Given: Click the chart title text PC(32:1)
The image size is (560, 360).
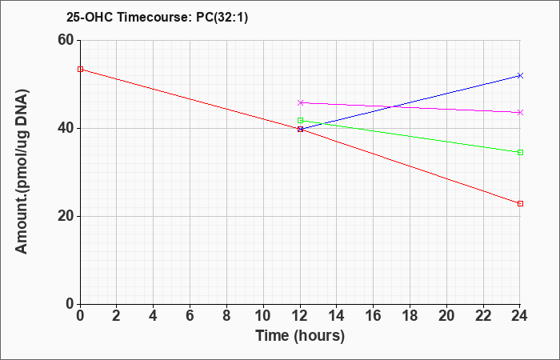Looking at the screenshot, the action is point(222,18).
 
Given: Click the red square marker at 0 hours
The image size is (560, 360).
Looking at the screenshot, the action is point(80,69).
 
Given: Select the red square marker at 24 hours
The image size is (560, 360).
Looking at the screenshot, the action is point(520,203).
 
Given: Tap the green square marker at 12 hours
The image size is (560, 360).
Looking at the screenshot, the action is point(300,120).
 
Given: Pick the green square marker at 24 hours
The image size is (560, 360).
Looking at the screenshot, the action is point(520,153).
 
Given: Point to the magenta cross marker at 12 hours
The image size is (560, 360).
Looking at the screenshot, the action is point(300,103).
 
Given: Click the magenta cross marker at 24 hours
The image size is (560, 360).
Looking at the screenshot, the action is point(520,113).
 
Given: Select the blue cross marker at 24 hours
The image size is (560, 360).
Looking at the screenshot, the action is point(520,75).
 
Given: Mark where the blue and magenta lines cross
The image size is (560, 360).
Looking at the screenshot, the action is point(394,106).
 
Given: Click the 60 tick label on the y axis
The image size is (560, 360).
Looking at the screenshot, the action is point(66,40).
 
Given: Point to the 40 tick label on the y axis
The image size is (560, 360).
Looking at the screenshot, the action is point(66,128).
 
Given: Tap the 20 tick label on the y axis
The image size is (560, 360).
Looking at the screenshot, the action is point(66,216).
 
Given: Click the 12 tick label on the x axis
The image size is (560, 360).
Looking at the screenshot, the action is point(300,316).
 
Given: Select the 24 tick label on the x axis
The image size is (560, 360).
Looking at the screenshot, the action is point(520,316).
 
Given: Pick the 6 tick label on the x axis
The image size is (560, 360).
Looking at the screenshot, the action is point(190,316).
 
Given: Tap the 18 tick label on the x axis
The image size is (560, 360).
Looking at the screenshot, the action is point(410,316).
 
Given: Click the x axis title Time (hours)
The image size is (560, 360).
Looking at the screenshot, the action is point(300,336).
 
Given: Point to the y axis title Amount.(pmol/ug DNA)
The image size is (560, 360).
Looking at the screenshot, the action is point(22,172).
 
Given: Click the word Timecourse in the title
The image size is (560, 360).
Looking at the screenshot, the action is point(155,18).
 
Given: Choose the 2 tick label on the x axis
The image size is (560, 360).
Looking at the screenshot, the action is point(117,316).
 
